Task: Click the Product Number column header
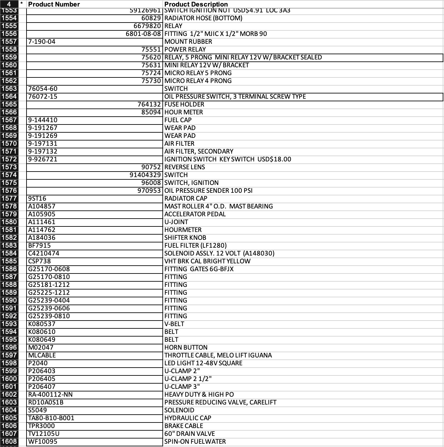click(54, 4)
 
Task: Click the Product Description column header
click(196, 4)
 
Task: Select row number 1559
click(9, 58)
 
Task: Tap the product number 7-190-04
click(42, 42)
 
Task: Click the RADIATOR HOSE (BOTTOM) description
click(203, 18)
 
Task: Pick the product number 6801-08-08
click(143, 34)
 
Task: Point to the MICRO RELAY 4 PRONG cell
click(198, 81)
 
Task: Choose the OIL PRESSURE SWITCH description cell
click(235, 97)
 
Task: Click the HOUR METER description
click(184, 112)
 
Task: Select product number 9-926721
click(43, 159)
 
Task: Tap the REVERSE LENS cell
click(185, 167)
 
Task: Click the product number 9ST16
click(37, 199)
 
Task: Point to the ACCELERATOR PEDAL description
click(195, 214)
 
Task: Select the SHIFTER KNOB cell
click(185, 238)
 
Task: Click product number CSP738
click(40, 261)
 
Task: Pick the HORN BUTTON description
click(186, 348)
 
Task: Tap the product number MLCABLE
click(42, 356)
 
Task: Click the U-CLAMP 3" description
click(182, 387)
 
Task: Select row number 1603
click(9, 403)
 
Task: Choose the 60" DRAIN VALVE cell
click(190, 434)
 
